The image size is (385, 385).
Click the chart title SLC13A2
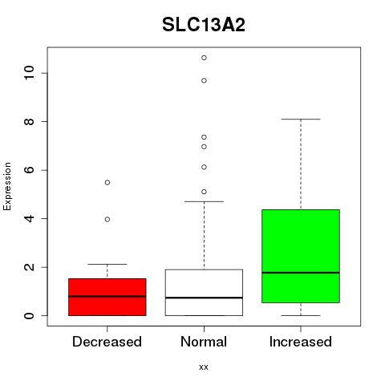point(204,25)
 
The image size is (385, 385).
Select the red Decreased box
point(107,297)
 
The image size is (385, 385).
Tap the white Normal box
point(204,293)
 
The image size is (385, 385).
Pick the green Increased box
point(301,256)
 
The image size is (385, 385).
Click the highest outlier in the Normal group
point(204,58)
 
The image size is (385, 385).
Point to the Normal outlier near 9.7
point(204,80)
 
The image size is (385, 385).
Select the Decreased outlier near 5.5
point(107,183)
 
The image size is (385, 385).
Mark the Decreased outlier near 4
point(107,220)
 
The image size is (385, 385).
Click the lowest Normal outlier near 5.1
point(204,192)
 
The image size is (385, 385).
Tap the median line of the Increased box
point(301,273)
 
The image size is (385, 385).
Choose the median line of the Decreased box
point(107,296)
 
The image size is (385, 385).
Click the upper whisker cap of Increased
point(301,120)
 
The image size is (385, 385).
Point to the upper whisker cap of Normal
point(204,201)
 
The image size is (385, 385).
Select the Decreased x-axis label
point(107,342)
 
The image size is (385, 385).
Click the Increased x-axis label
point(301,342)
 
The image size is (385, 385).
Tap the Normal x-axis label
point(204,342)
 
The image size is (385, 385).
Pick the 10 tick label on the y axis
point(29,73)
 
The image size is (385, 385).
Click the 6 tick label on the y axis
point(29,170)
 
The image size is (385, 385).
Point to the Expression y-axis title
point(7,186)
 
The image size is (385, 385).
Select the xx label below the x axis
point(204,367)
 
